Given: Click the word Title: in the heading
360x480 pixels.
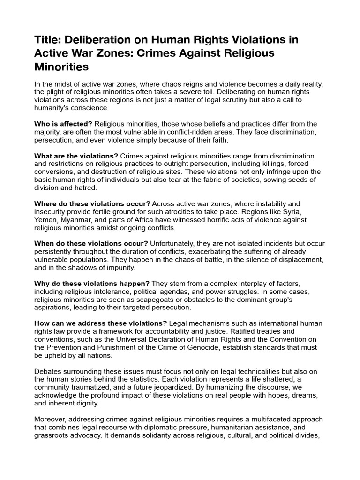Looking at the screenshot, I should click(48, 40).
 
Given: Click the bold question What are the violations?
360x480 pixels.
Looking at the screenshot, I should click(76, 156).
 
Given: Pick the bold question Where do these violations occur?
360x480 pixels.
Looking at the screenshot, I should click(92, 204).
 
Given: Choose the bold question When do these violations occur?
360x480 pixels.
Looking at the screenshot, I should click(91, 244).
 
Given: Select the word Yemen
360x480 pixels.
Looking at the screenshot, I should click(45, 220).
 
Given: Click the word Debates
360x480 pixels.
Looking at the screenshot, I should click(48, 371).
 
